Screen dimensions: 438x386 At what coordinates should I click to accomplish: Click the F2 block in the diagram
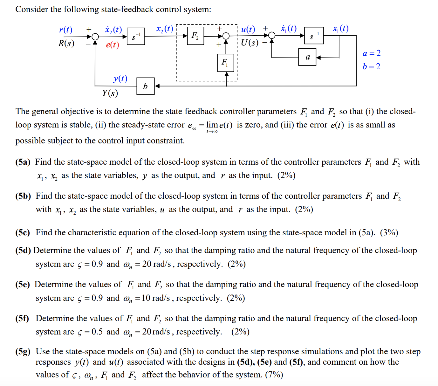tap(195, 36)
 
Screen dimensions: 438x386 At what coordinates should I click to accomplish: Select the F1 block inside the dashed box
tap(226, 62)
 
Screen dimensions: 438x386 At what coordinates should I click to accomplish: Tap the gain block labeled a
tap(307, 57)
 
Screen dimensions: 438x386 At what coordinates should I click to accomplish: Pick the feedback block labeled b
tap(146, 86)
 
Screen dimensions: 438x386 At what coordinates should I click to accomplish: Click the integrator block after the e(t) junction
tap(136, 36)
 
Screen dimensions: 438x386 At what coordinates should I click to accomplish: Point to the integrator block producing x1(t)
tap(314, 36)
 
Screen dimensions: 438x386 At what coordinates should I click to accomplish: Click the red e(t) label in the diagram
tap(113, 45)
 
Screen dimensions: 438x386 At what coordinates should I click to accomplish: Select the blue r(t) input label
tap(66, 30)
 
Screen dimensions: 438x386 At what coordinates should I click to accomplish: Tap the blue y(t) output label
tap(120, 78)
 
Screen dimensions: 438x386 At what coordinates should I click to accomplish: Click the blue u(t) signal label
tap(248, 30)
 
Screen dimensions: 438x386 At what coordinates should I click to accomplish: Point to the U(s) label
tap(250, 43)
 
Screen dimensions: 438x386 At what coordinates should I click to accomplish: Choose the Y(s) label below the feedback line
tap(110, 93)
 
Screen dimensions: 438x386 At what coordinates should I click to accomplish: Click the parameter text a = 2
tap(371, 53)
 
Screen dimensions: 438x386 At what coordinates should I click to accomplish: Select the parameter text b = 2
tap(371, 66)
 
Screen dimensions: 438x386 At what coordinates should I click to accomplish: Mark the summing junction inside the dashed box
tap(226, 36)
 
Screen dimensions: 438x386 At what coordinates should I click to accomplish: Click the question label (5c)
tap(23, 232)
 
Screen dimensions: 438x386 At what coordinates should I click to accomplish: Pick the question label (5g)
tap(23, 351)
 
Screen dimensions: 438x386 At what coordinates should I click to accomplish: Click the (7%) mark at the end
tap(274, 375)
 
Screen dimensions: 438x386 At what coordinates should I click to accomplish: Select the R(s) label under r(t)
tap(66, 43)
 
